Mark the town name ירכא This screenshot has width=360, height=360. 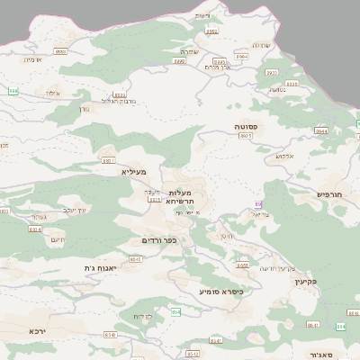point(37,331)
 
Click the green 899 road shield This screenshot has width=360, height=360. point(13,91)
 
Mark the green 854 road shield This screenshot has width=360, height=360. point(176,311)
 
